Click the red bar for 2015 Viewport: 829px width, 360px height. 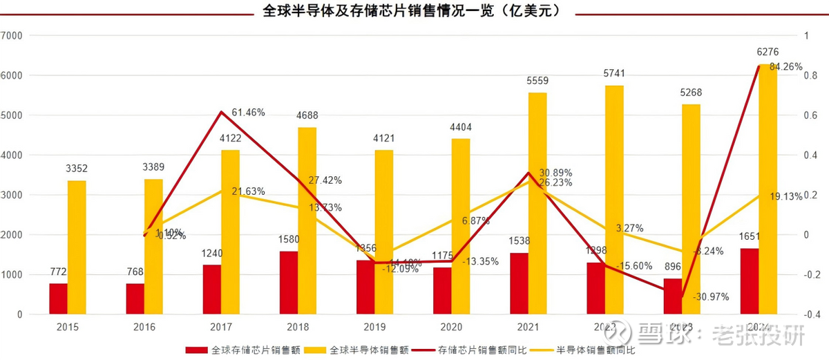(59, 299)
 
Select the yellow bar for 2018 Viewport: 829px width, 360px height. (307, 221)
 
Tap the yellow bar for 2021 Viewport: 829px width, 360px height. (537, 204)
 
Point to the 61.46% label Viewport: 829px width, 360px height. (249, 112)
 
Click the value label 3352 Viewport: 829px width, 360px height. (77, 169)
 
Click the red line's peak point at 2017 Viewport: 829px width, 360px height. (221, 111)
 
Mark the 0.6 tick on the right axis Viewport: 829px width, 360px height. (812, 115)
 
